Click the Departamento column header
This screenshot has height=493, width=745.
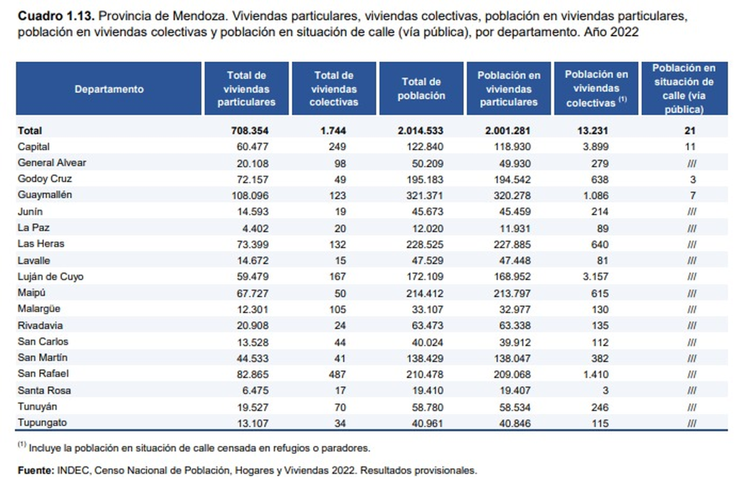[109, 89]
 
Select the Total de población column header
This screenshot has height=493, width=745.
[423, 89]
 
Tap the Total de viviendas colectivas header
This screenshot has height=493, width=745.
[334, 89]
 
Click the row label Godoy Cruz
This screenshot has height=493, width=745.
[45, 179]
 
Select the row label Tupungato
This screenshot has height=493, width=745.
[43, 423]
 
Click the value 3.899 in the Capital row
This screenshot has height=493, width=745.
[596, 147]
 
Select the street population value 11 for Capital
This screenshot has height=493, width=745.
[691, 147]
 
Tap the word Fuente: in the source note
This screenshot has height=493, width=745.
[35, 470]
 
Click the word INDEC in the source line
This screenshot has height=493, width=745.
[73, 470]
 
